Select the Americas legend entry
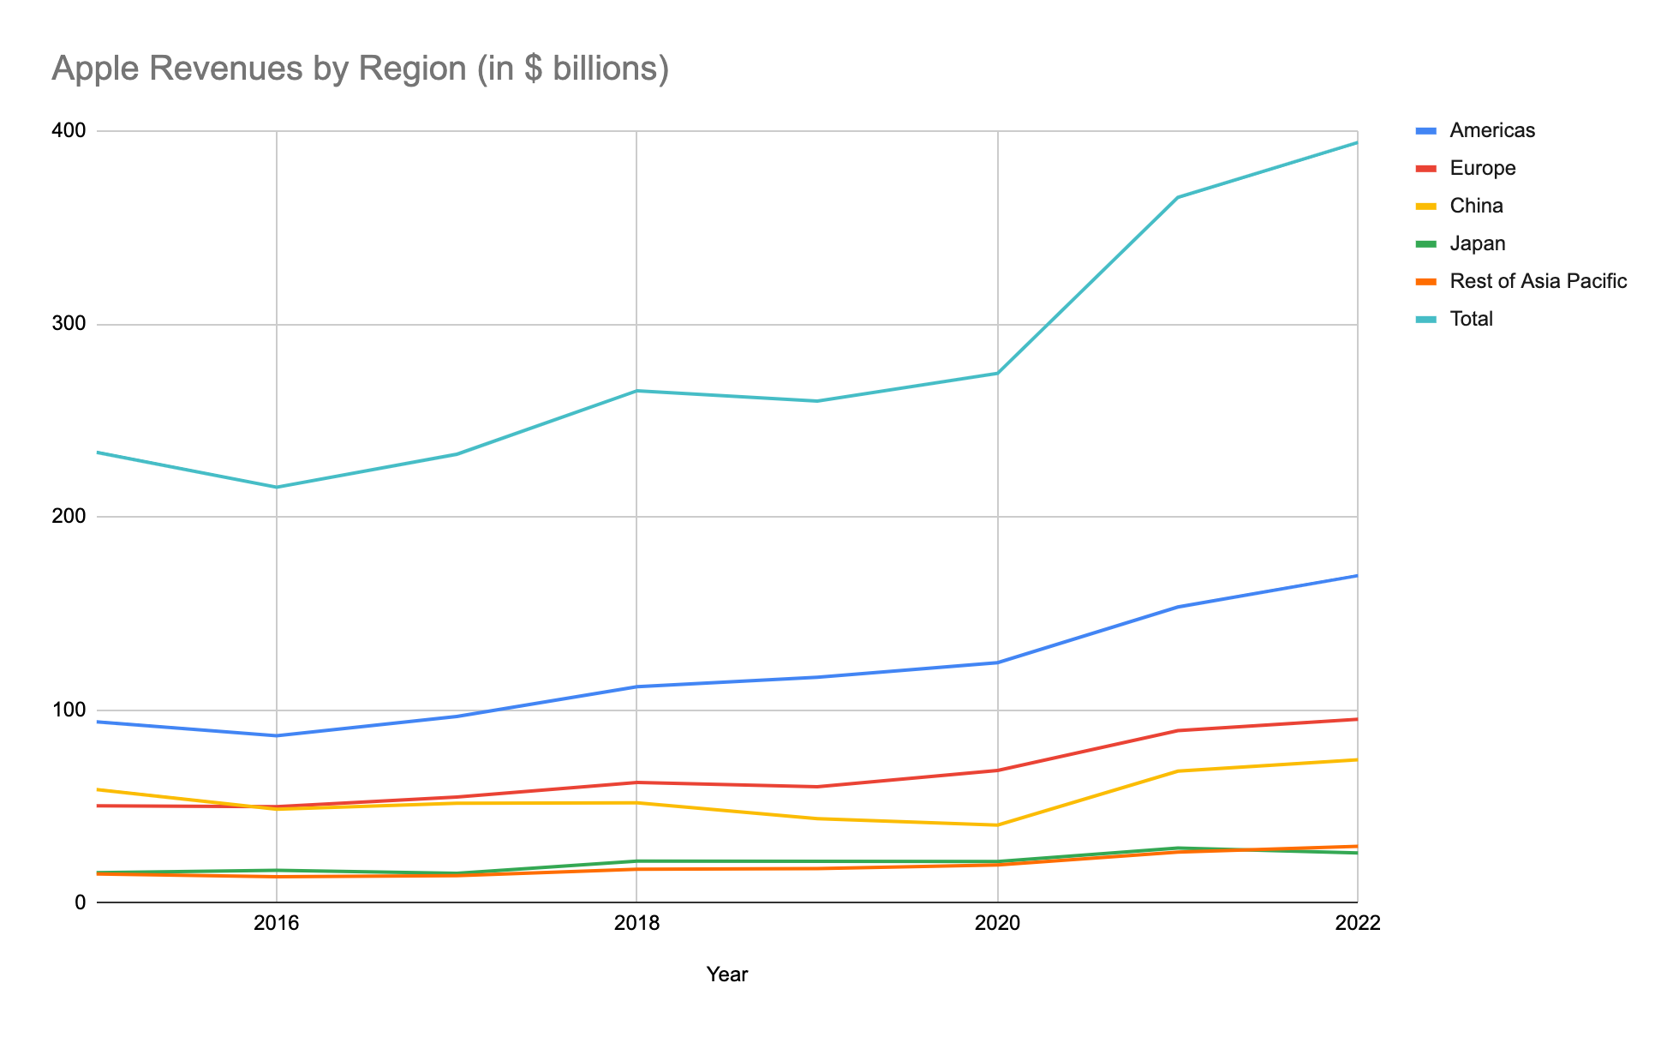pyautogui.click(x=1491, y=130)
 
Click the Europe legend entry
pyautogui.click(x=1482, y=168)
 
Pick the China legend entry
pyautogui.click(x=1476, y=206)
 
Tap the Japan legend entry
pyautogui.click(x=1477, y=243)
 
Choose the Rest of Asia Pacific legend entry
pyautogui.click(x=1538, y=281)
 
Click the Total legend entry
pyautogui.click(x=1471, y=319)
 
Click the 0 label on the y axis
pyautogui.click(x=81, y=902)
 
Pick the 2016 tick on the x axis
pyautogui.click(x=276, y=924)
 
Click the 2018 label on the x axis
pyautogui.click(x=636, y=924)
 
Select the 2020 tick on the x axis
pyautogui.click(x=998, y=924)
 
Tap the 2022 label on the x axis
pyautogui.click(x=1358, y=924)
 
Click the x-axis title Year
pyautogui.click(x=727, y=974)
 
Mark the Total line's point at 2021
pyautogui.click(x=1178, y=197)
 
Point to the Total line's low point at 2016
pyautogui.click(x=276, y=488)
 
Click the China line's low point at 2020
pyautogui.click(x=998, y=825)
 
